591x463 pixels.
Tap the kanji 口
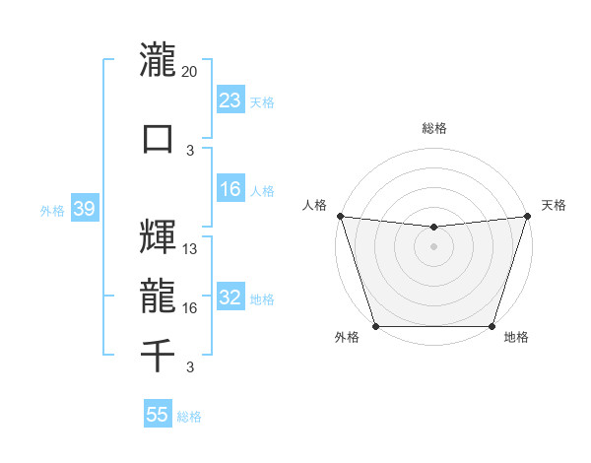pos(158,137)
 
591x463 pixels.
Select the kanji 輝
pos(158,235)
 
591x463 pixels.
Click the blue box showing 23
pos(230,99)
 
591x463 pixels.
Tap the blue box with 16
pos(230,190)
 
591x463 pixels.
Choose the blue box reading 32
pos(230,298)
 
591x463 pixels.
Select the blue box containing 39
pos(84,208)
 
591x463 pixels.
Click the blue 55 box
pos(158,415)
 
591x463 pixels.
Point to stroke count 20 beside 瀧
pos(190,71)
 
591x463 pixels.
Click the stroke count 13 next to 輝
pos(190,249)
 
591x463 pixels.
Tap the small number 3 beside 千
pos(190,367)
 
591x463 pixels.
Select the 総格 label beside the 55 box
pos(189,417)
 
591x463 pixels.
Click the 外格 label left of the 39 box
pos(52,210)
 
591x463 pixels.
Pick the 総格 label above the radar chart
pos(433,128)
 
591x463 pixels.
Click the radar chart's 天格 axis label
pos(554,205)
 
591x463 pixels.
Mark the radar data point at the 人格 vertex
pos(340,216)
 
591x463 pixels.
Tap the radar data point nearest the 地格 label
pos(492,326)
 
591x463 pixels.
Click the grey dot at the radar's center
pos(433,246)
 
